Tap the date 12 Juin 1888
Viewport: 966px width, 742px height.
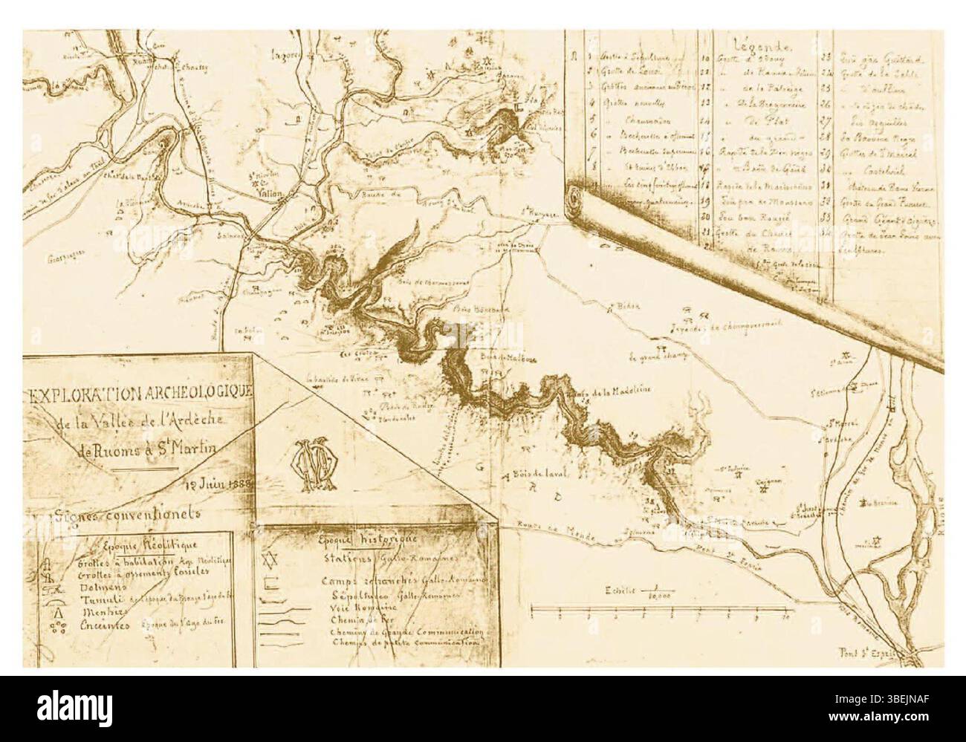click(x=219, y=484)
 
